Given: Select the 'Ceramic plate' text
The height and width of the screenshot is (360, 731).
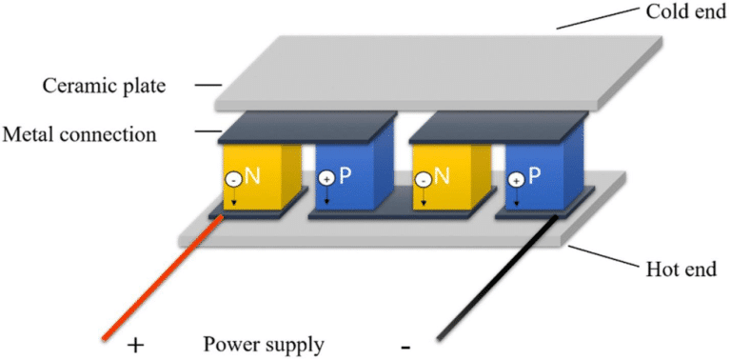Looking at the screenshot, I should coord(104,86).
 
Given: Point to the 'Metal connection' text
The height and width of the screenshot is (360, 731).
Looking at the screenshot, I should coord(79,134).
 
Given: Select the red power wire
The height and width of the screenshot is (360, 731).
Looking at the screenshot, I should coord(162,277).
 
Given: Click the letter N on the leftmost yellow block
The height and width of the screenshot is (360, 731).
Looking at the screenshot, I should coord(252,175).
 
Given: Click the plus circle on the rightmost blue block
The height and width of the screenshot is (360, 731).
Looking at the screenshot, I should coord(515,179).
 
